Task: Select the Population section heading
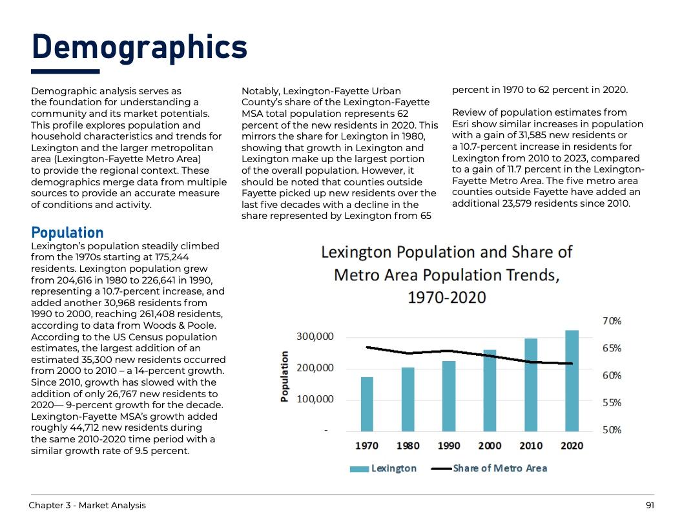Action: [67, 232]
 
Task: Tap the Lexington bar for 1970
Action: [367, 404]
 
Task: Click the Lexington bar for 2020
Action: [572, 380]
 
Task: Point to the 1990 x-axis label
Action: [449, 446]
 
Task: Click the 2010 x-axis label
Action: [531, 446]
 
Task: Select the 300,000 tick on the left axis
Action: [315, 336]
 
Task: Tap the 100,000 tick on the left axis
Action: [315, 399]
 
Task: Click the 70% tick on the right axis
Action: [612, 321]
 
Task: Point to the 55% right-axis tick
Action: [612, 402]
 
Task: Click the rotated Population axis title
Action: [284, 377]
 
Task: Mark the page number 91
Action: [650, 505]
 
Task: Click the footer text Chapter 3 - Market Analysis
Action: [87, 505]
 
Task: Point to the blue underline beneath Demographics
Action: [65, 71]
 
